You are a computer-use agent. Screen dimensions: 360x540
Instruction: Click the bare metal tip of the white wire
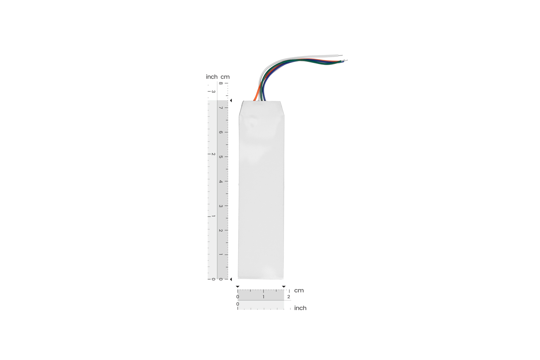(340, 55)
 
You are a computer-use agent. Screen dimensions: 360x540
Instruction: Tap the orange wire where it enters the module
(255, 99)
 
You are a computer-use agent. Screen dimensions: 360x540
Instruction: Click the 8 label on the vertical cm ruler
(221, 83)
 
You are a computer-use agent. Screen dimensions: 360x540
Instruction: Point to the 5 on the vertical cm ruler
(221, 157)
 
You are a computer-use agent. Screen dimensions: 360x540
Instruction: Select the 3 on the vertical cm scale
(221, 206)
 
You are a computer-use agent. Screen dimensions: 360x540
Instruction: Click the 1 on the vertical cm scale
(221, 255)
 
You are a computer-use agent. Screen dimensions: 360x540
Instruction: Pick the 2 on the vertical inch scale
(213, 154)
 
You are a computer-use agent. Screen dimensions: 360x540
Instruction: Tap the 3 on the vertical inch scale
(213, 92)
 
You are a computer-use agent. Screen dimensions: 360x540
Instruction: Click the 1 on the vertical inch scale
(213, 216)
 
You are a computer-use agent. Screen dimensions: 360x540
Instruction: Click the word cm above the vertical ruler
(225, 77)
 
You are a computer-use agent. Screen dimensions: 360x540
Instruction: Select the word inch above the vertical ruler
(211, 77)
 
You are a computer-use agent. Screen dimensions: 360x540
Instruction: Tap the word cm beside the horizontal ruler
(299, 290)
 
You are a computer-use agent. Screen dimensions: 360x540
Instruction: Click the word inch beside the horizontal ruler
(300, 308)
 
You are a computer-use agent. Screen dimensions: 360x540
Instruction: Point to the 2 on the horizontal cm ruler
(289, 297)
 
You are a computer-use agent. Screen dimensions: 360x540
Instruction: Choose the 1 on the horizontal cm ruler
(263, 297)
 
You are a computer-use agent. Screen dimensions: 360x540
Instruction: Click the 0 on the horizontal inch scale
(237, 304)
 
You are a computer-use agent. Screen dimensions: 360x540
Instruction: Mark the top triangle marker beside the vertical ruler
(231, 100)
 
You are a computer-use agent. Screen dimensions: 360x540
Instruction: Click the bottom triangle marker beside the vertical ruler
(231, 279)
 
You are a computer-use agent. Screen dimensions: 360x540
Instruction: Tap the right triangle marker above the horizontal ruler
(284, 287)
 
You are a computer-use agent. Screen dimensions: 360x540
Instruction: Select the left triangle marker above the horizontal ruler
(237, 287)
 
